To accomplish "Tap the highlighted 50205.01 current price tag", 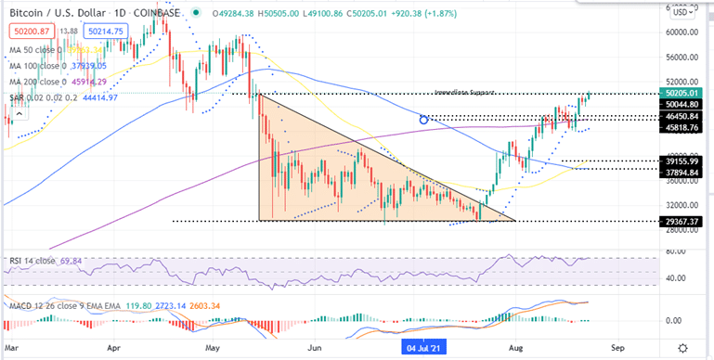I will [x=682, y=93].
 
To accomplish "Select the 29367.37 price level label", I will [x=682, y=222].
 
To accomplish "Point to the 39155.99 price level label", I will [x=682, y=161].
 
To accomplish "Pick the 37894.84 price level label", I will [x=682, y=169].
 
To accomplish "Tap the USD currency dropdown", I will [x=681, y=13].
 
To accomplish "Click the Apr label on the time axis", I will [x=115, y=346].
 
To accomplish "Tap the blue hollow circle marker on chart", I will [x=423, y=119].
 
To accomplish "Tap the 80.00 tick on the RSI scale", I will [x=677, y=251].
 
